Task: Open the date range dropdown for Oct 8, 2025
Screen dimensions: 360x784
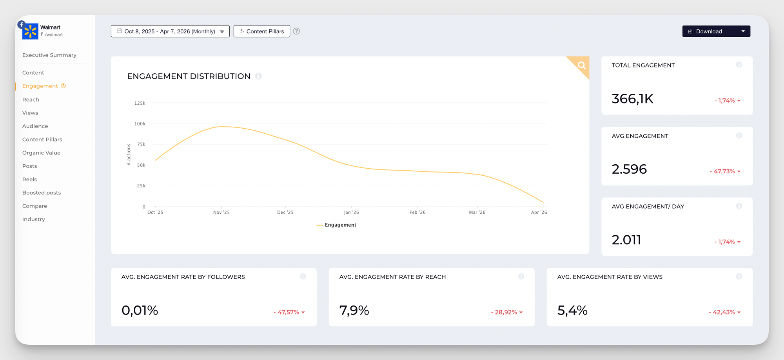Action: tap(170, 31)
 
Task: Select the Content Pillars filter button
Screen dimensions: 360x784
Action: tap(262, 31)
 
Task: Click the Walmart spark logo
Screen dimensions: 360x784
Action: tap(30, 31)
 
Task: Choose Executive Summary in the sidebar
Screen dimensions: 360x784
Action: tap(49, 55)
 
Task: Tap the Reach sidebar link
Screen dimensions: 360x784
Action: tap(31, 100)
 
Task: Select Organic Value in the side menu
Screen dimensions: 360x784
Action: tap(41, 153)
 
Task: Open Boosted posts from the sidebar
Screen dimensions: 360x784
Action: tap(42, 193)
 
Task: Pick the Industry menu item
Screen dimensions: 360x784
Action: tap(34, 220)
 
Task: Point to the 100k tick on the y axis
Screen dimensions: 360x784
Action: tap(140, 124)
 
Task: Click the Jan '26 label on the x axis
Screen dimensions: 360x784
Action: tap(351, 213)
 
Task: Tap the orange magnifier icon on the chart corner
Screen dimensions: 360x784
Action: tap(582, 65)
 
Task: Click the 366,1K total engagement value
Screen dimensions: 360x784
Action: tap(633, 99)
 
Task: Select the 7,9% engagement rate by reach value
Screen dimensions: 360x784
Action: tap(354, 311)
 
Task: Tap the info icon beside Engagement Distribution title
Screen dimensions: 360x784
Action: tap(259, 76)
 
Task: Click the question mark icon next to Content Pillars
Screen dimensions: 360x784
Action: tap(296, 31)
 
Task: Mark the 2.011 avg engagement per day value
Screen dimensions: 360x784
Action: tap(626, 240)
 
